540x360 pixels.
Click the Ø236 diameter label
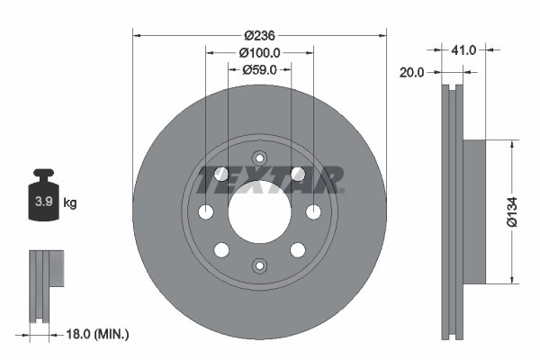pyautogui.click(x=260, y=35)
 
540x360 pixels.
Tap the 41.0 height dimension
pyautogui.click(x=465, y=52)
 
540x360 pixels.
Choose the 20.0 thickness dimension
pyautogui.click(x=411, y=75)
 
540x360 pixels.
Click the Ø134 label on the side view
pyautogui.click(x=511, y=211)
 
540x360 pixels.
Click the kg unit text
pyautogui.click(x=70, y=203)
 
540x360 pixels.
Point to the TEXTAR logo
pyautogui.click(x=269, y=178)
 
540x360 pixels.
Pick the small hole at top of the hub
pyautogui.click(x=259, y=156)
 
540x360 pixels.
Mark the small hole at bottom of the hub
pyautogui.click(x=259, y=265)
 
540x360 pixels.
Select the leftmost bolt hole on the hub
pyautogui.click(x=205, y=211)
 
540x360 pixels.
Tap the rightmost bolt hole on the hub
pyautogui.click(x=313, y=211)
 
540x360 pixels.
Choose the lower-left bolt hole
pyautogui.click(x=220, y=249)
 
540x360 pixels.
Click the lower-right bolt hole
pyautogui.click(x=299, y=249)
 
